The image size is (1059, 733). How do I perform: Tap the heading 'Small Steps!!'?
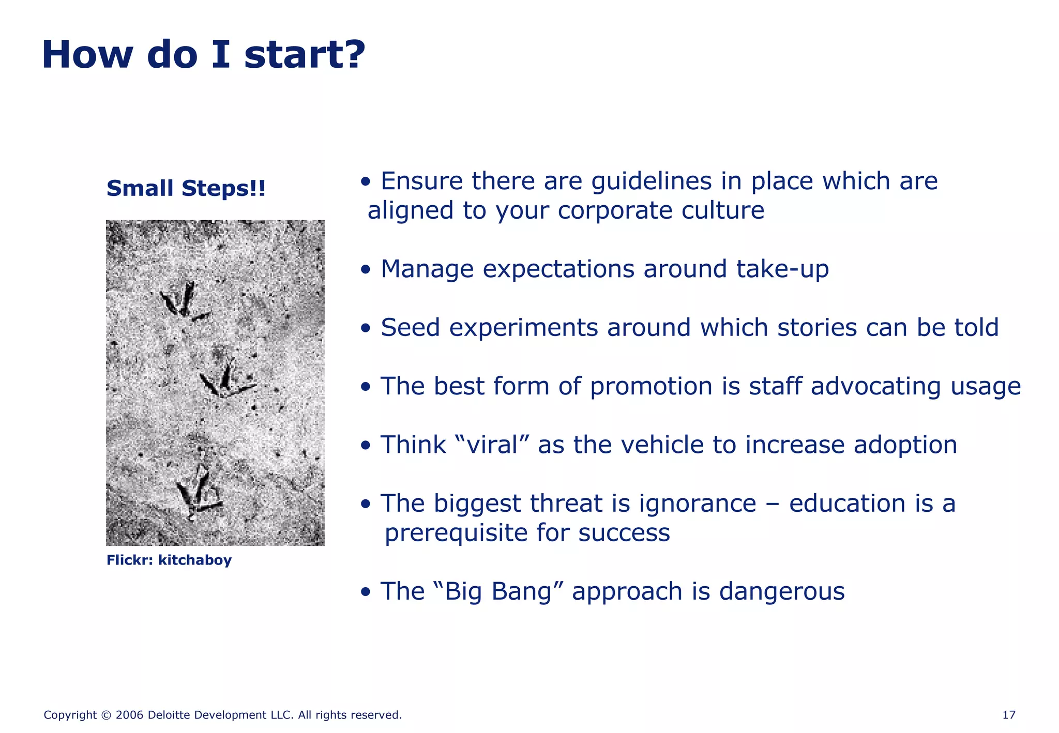(x=186, y=189)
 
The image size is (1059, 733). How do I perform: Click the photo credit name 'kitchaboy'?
(x=195, y=560)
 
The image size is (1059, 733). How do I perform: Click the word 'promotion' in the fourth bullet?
(x=651, y=387)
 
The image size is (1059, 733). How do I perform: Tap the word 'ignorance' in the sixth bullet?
(x=698, y=503)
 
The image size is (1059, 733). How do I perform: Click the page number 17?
(x=1008, y=715)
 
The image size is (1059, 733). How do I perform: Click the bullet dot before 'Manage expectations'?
(x=366, y=270)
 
